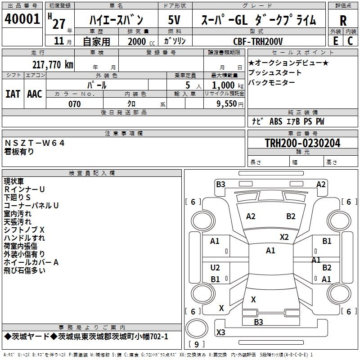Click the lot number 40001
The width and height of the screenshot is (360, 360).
tap(22, 19)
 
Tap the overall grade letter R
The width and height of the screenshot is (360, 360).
tap(343, 21)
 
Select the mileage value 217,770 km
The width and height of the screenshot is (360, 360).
tap(53, 64)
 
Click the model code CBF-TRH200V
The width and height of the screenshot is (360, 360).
tap(258, 41)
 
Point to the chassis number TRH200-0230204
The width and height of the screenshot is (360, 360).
tap(302, 143)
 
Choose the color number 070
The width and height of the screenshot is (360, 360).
tap(75, 104)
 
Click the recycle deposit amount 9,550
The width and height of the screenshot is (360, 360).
tap(227, 103)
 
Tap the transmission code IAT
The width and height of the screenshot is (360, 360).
tap(13, 94)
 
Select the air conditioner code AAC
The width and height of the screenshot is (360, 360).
tap(35, 94)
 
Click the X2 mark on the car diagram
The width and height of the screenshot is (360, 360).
tap(284, 237)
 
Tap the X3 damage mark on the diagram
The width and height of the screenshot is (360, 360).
tap(221, 332)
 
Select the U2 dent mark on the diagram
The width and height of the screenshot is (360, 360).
tap(215, 268)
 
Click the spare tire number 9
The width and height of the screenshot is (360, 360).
tap(197, 344)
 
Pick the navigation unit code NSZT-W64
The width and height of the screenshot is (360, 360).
tap(35, 143)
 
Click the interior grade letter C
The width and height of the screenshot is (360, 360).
tap(350, 41)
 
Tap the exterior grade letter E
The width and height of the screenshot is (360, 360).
tap(336, 41)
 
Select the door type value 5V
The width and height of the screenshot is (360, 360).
tap(174, 20)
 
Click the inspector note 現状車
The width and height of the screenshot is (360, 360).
tap(14, 181)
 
